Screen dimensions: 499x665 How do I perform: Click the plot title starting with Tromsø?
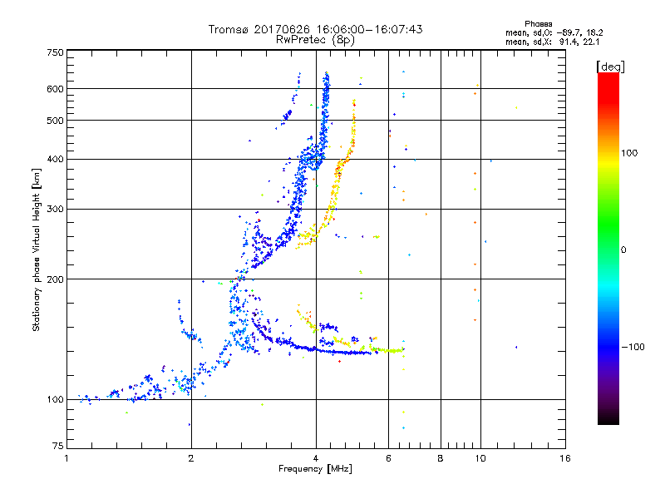(315, 29)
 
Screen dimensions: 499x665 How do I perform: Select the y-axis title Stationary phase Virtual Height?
(37, 249)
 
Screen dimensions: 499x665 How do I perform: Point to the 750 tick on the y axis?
(55, 52)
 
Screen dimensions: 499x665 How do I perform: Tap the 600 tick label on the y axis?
(55, 89)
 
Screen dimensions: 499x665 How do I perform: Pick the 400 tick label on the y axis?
(55, 159)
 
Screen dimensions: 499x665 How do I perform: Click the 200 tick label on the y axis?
(55, 279)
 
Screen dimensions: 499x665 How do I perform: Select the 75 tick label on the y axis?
(57, 448)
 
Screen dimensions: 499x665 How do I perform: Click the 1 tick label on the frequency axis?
(66, 458)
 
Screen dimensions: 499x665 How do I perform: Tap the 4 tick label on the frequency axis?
(316, 458)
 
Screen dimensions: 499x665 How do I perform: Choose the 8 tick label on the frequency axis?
(441, 458)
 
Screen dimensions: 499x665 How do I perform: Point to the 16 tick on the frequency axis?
(564, 458)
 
